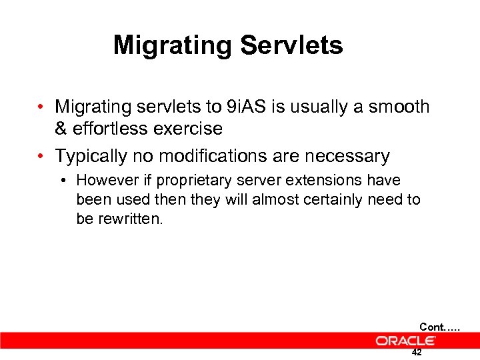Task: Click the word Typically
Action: pos(91,157)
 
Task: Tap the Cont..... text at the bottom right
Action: pos(439,327)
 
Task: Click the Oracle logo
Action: pos(405,341)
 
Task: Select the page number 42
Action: pos(417,353)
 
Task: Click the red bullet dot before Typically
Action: pos(41,157)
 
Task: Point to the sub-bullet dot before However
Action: pos(65,181)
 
